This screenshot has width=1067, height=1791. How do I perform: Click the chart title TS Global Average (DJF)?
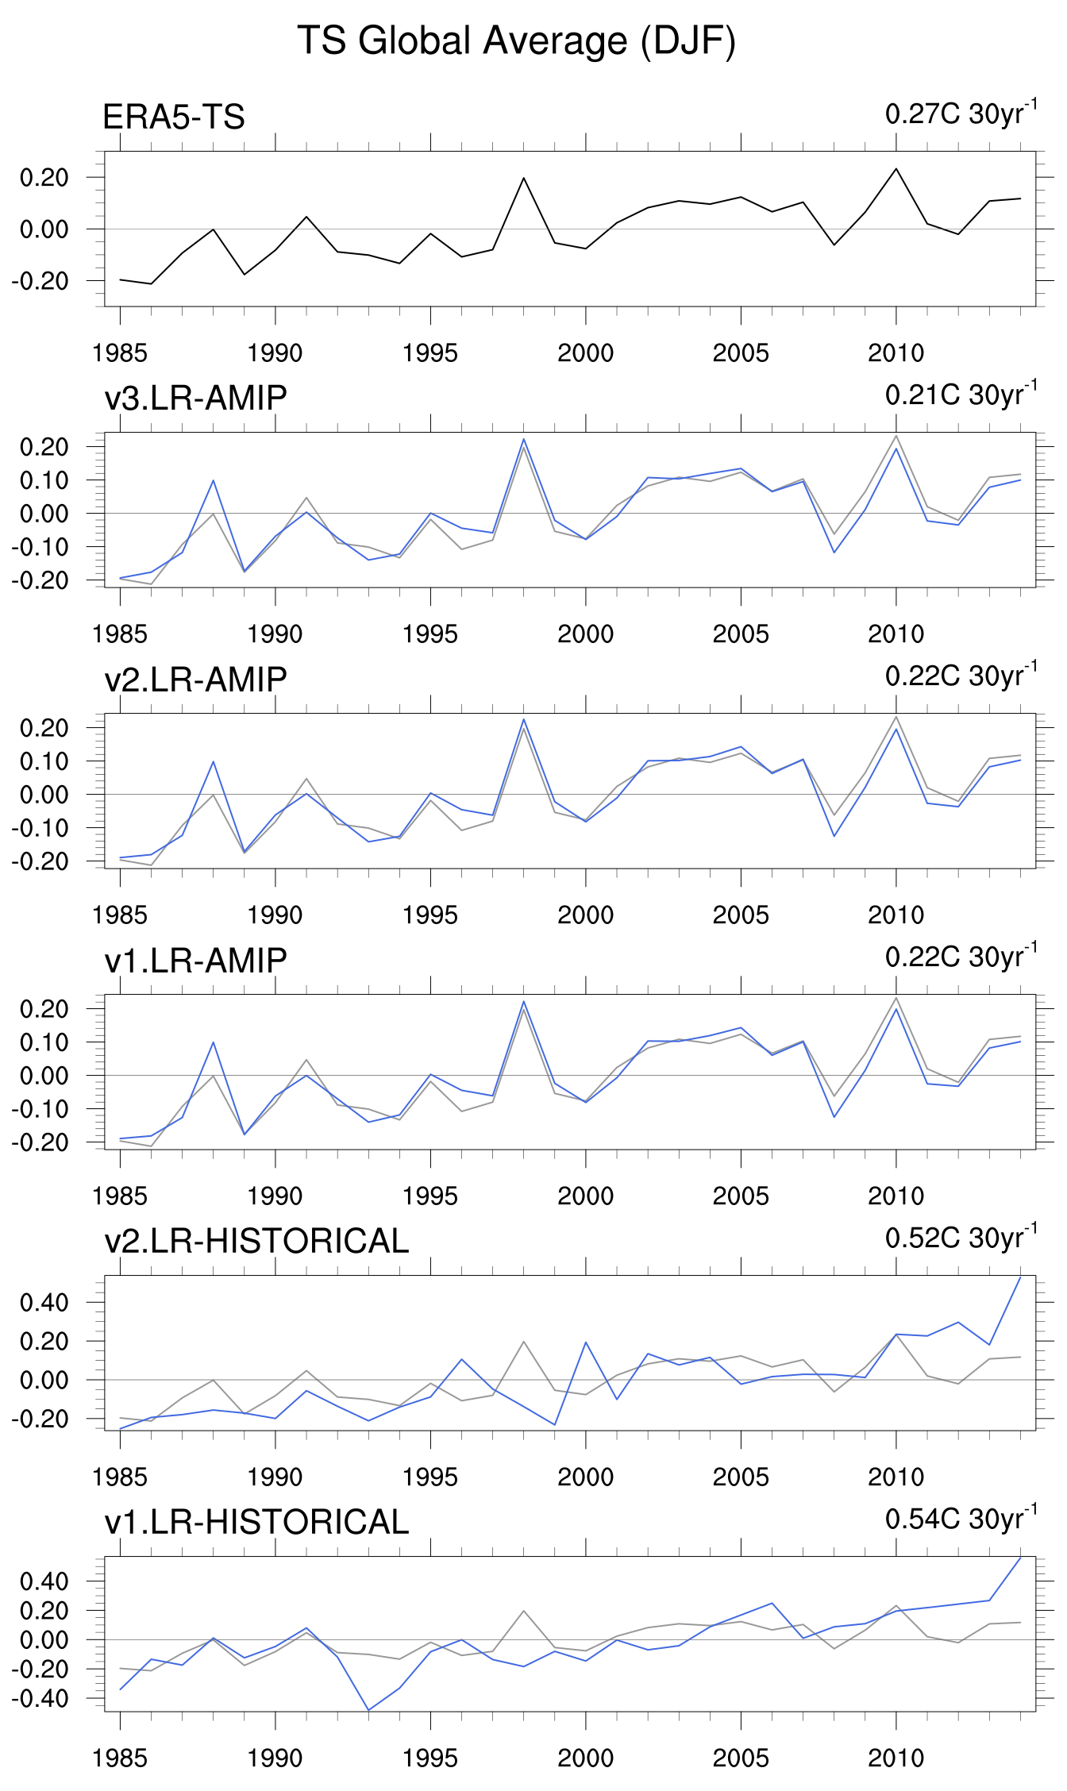click(516, 41)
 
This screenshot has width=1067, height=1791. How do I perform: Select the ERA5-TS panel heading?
click(174, 117)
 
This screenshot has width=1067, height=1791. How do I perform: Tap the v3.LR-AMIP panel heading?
click(195, 398)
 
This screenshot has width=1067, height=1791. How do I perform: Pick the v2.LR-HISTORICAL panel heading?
click(256, 1241)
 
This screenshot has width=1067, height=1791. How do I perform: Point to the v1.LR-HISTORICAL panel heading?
click(256, 1522)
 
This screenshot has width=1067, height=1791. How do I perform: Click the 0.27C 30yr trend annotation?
click(961, 114)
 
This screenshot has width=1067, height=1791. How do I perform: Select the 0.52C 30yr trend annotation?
click(961, 1238)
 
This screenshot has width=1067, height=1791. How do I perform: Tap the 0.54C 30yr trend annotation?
click(961, 1519)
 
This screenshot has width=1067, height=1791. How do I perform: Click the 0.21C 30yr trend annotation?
click(961, 395)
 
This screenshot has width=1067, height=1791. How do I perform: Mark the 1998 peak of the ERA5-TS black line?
click(524, 178)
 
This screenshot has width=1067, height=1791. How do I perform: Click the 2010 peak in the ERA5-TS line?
click(896, 168)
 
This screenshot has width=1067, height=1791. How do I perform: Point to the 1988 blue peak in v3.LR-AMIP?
click(214, 480)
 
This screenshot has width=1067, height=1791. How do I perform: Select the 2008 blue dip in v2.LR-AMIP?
click(834, 836)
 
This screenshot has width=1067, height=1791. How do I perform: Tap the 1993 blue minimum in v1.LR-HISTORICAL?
click(368, 1710)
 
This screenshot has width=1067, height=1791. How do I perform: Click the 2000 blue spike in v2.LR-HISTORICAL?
click(586, 1342)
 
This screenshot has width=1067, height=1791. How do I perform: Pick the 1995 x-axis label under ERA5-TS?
click(430, 353)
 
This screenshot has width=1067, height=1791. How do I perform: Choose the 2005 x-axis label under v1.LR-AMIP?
click(741, 1196)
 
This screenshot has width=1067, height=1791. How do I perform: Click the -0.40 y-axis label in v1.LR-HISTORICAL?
click(40, 1699)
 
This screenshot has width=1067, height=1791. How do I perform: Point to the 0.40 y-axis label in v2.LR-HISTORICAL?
click(44, 1302)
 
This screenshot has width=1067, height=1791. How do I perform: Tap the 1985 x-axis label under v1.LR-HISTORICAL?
click(120, 1758)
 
